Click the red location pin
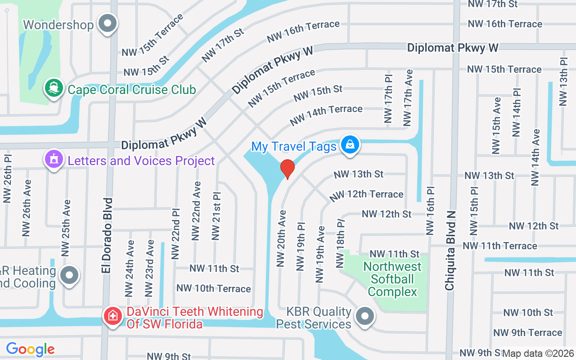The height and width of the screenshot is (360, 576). tap(287, 169)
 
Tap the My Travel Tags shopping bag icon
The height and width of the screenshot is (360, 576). tap(350, 145)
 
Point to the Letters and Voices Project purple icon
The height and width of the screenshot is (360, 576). tap(54, 160)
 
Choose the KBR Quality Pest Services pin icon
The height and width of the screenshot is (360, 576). tap(365, 316)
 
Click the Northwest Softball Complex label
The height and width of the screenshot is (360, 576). tap(392, 279)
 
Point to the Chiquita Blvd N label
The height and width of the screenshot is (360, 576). tap(450, 250)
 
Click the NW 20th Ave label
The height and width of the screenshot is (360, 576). tap(281, 238)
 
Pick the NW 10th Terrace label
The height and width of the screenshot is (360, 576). tap(214, 288)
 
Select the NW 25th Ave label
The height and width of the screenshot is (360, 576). tap(66, 225)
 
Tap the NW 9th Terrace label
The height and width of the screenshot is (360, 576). tap(528, 333)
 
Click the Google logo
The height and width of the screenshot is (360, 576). tap(30, 349)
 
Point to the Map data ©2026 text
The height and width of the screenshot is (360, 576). tap(538, 353)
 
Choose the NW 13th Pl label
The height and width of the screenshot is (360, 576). tap(563, 81)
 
